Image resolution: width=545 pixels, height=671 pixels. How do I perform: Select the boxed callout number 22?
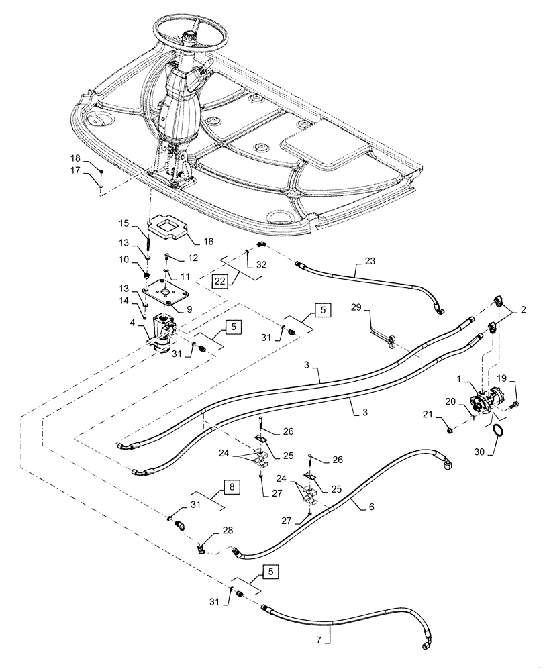219,280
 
